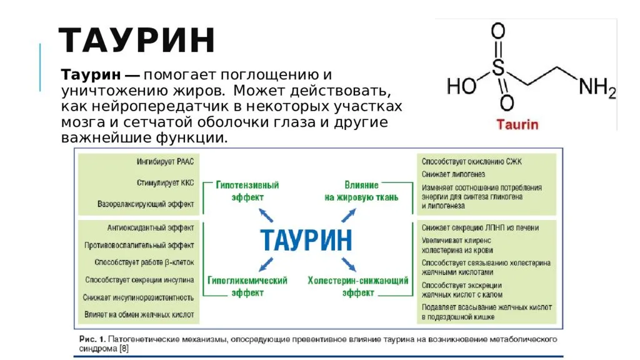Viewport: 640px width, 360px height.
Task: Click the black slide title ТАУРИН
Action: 137,40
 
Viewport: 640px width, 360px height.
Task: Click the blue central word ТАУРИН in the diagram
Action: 306,240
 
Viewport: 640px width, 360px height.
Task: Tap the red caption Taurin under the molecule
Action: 517,124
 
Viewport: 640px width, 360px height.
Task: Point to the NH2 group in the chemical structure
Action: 597,87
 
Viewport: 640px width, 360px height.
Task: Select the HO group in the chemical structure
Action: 462,86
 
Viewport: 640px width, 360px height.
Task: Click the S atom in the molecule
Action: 498,68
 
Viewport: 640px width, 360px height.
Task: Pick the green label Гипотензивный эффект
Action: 247,191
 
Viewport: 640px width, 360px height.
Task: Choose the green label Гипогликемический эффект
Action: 247,286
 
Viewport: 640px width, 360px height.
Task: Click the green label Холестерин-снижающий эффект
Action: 358,286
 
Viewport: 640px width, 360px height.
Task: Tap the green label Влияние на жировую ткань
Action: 361,191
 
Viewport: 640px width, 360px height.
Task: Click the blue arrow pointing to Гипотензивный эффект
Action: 266,215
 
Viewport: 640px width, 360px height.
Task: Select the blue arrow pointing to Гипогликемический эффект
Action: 266,264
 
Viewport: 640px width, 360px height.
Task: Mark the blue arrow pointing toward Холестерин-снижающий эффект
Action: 349,264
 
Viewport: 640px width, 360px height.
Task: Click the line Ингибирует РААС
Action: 165,162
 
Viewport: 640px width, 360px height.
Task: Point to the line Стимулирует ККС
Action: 165,182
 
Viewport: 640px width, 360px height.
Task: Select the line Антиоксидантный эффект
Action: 151,227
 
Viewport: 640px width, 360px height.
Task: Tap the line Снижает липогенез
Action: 454,174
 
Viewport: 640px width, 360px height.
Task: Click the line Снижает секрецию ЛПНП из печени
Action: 481,227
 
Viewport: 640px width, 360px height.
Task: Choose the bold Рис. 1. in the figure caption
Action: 92,339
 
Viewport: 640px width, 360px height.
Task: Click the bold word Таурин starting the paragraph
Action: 91,75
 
